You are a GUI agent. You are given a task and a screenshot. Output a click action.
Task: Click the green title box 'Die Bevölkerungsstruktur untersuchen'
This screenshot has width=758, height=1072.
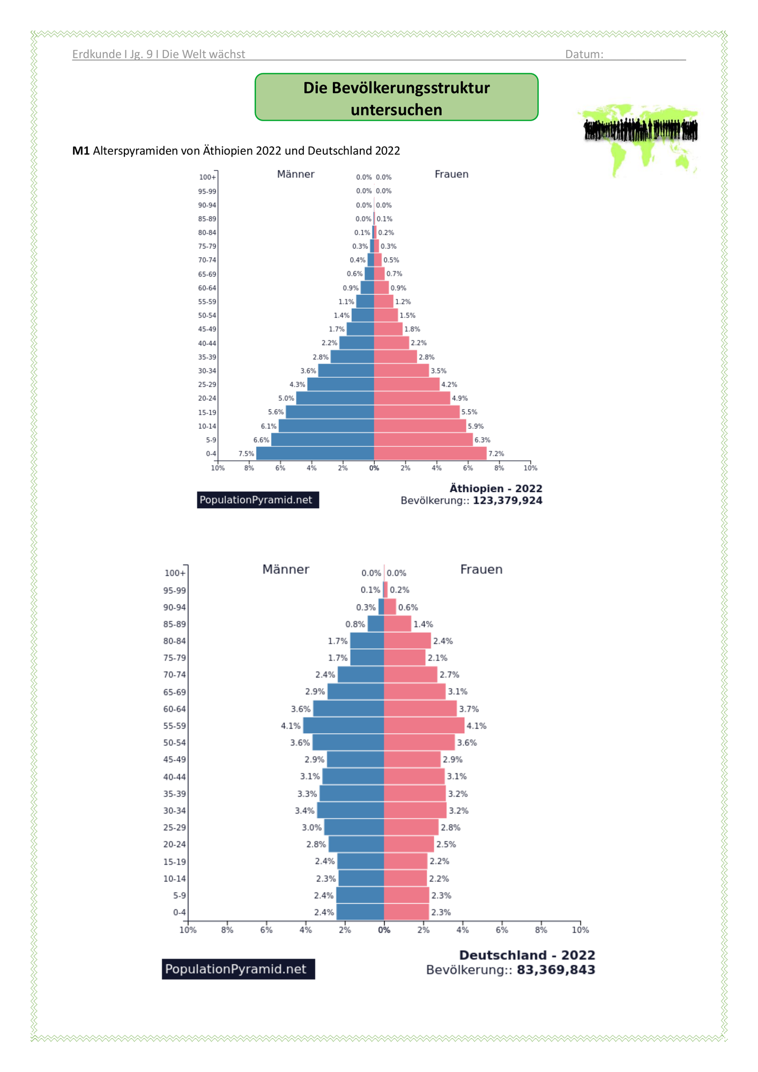point(396,97)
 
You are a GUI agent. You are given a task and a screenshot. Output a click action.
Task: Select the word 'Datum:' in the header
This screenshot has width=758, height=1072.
point(584,54)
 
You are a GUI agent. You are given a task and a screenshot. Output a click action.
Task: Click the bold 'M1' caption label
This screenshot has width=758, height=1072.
point(81,151)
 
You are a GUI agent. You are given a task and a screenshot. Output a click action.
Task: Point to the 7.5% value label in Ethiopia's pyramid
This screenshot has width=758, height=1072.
point(246,453)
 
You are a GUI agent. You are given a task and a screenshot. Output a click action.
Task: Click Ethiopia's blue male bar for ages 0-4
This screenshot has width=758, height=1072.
point(315,453)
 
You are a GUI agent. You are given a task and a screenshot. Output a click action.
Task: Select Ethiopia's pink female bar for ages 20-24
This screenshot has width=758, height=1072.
point(412,398)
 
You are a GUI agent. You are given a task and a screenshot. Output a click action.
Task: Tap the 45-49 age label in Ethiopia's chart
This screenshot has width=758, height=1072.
point(207,329)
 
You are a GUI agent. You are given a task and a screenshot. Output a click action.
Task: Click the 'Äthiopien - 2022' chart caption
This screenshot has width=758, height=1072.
point(496,488)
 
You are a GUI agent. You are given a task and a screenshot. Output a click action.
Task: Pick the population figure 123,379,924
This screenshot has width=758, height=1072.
point(508,501)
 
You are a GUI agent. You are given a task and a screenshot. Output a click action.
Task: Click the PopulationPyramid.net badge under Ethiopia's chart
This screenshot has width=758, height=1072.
point(258,500)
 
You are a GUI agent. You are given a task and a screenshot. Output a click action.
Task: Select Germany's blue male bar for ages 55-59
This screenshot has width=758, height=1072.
point(344,726)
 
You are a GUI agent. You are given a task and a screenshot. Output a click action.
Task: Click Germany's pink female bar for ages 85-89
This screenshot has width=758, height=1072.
point(398,624)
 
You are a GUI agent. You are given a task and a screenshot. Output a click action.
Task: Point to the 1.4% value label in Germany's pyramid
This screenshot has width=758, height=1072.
point(423,624)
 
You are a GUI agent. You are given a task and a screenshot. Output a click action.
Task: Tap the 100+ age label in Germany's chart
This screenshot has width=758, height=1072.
point(175,574)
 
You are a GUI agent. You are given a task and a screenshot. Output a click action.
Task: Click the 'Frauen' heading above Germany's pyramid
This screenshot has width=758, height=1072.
point(481,569)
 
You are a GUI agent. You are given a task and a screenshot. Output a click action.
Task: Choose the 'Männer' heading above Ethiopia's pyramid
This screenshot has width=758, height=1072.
point(295,174)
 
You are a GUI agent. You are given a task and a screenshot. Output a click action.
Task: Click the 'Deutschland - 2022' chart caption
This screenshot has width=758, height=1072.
point(527,955)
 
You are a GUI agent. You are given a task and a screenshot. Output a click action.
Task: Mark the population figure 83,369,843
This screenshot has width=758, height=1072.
point(556,970)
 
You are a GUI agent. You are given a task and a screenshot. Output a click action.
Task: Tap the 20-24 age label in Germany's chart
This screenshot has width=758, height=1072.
point(175,844)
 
